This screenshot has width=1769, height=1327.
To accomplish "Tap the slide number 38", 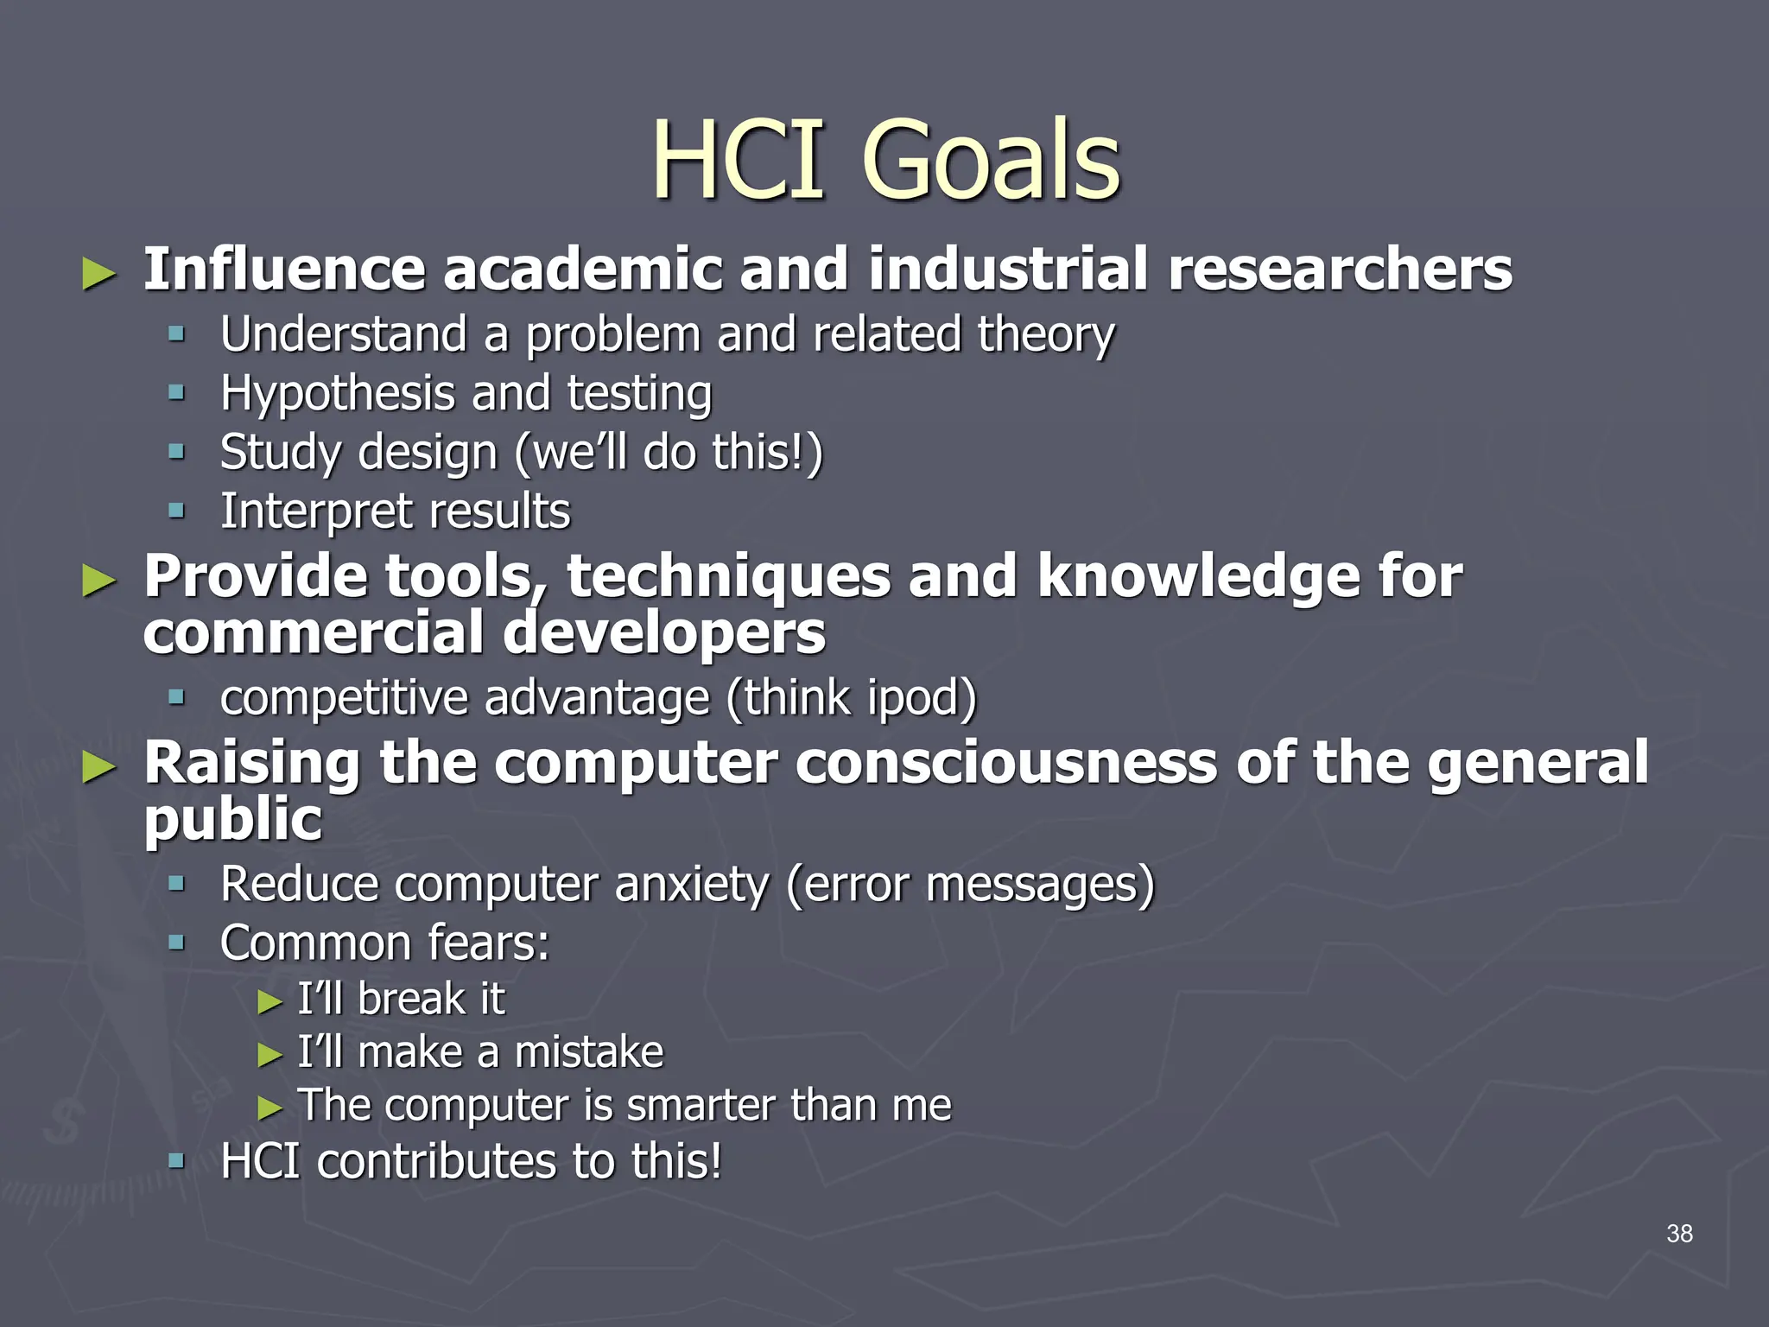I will tap(1679, 1234).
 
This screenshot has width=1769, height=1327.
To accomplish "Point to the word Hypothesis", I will tap(337, 395).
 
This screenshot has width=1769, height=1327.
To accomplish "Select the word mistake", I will tap(589, 1052).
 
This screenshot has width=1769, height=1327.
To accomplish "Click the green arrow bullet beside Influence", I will tap(99, 275).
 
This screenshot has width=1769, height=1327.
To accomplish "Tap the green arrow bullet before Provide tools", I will tap(99, 581).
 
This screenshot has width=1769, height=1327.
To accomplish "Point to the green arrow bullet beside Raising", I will tap(99, 767).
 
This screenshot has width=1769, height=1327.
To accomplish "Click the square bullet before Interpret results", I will tap(177, 511).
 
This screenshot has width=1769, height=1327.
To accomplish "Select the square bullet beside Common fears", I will tap(177, 942).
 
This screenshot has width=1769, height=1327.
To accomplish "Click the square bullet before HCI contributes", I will tap(177, 1160).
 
